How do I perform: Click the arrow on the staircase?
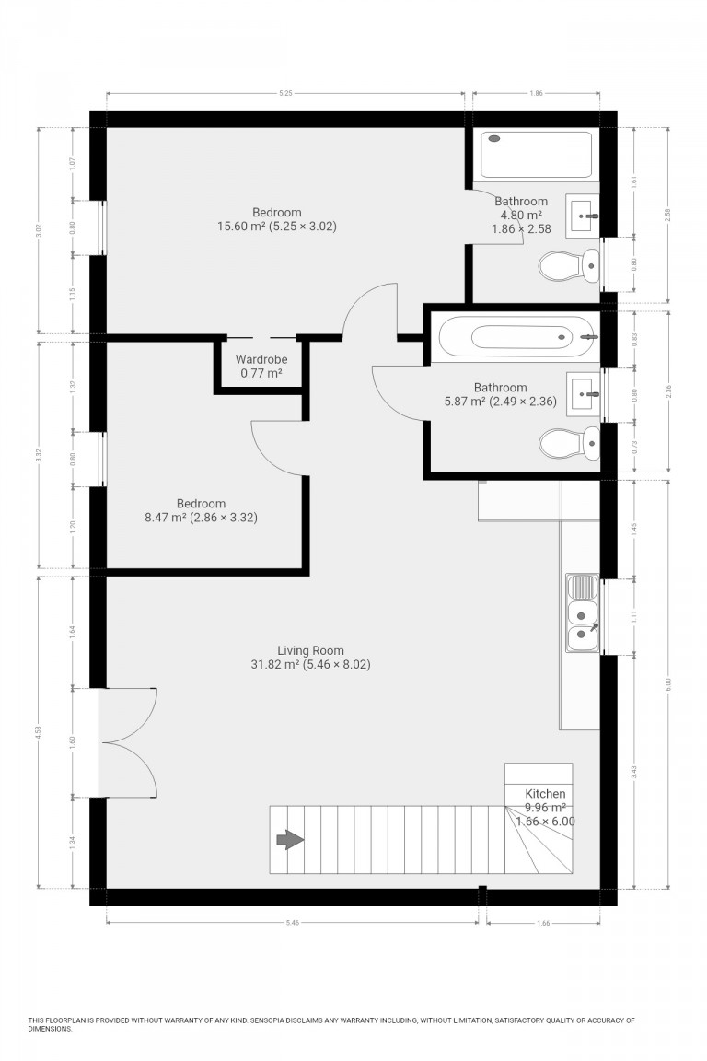click(290, 839)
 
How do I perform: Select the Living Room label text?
click(310, 650)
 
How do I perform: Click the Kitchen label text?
click(545, 794)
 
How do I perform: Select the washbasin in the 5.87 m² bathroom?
click(584, 393)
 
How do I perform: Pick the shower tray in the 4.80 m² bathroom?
click(537, 155)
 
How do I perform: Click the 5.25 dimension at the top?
click(286, 93)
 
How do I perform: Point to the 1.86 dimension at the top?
click(536, 93)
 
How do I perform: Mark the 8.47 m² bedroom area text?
click(201, 518)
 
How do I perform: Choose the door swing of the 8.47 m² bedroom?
click(276, 446)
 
